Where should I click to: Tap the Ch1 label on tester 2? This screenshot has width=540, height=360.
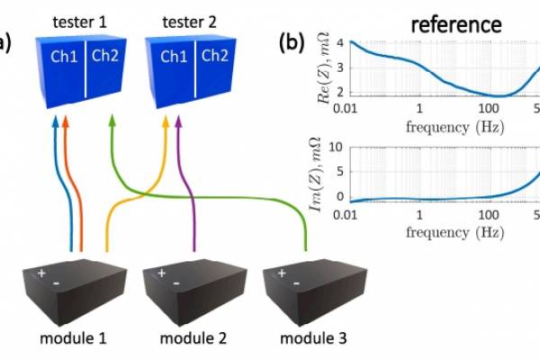pyautogui.click(x=175, y=57)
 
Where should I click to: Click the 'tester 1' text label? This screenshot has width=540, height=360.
pyautogui.click(x=80, y=20)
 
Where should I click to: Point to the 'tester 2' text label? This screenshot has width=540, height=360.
pyautogui.click(x=191, y=20)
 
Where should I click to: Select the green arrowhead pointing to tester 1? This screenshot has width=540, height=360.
pyautogui.click(x=112, y=119)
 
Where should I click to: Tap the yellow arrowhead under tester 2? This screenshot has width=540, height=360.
pyautogui.click(x=165, y=121)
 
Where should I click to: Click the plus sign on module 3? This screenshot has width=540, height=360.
pyautogui.click(x=283, y=272)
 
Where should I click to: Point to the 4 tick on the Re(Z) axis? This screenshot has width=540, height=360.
pyautogui.click(x=340, y=42)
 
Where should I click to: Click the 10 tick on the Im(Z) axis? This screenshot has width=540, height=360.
pyautogui.click(x=337, y=147)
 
